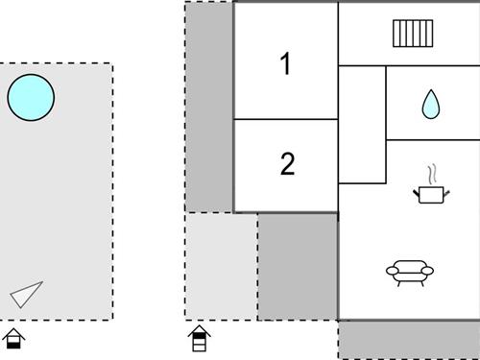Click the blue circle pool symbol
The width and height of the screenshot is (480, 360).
coord(31,97)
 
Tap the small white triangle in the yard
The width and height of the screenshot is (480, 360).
coord(28,295)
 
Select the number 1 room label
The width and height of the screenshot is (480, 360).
coord(285,64)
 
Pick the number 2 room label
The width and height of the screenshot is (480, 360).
coord(286,164)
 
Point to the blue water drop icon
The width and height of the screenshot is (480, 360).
coord(430,104)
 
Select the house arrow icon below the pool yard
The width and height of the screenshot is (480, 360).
coord(13,338)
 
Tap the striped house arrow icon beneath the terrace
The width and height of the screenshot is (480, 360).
coord(199,338)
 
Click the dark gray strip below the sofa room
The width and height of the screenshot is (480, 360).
coord(409,340)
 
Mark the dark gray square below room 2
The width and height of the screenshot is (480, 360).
coord(298,266)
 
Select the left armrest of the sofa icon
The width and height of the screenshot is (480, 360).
coord(392,272)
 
